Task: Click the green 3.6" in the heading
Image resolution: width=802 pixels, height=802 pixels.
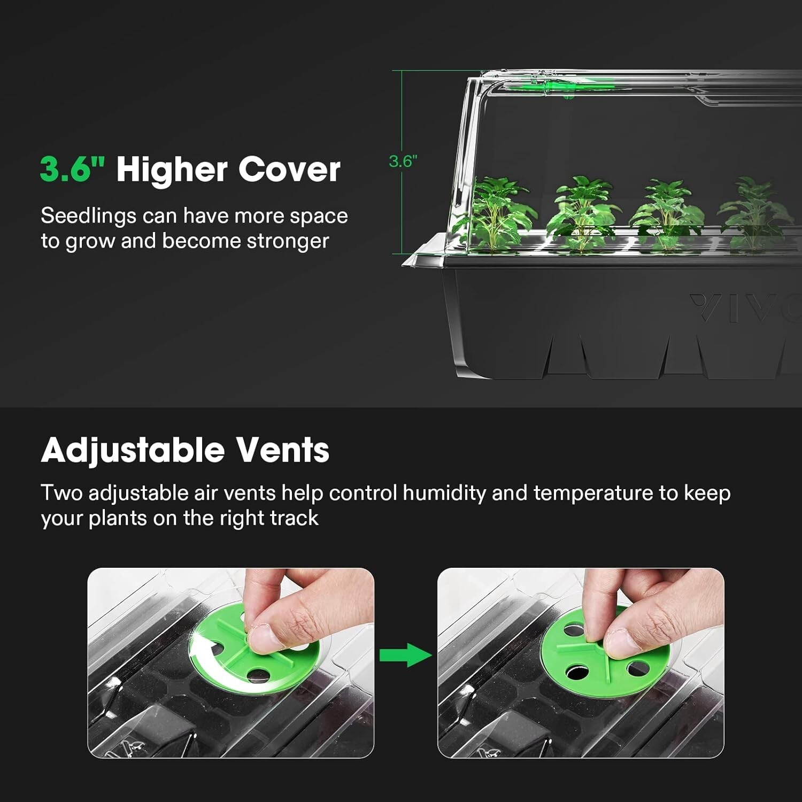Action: [x=72, y=169]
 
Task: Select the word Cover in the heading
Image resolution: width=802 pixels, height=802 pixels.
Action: [x=289, y=169]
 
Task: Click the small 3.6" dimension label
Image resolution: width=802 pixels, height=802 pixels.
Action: [x=403, y=161]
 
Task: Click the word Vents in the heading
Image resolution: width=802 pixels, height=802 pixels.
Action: [x=283, y=450]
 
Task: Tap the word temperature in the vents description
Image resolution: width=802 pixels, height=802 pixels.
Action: [x=593, y=493]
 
